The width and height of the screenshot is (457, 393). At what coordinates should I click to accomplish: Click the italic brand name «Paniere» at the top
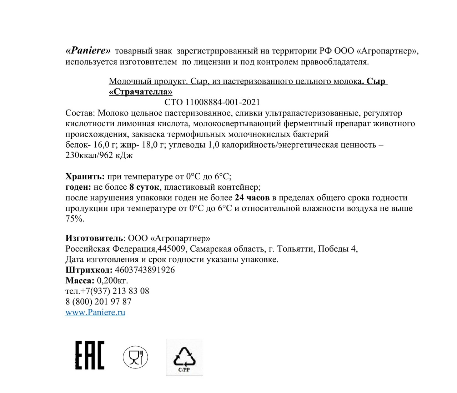click(88, 51)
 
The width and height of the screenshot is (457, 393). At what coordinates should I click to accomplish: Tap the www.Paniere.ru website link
click(95, 312)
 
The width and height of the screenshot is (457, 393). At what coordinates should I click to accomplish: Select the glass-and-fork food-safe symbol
click(135, 357)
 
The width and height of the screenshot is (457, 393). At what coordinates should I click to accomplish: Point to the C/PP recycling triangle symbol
click(184, 357)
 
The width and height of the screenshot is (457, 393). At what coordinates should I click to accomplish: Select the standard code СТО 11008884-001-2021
click(212, 102)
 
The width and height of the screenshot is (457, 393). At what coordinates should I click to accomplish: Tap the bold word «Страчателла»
click(141, 92)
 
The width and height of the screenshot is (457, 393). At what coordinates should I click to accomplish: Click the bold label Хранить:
click(85, 176)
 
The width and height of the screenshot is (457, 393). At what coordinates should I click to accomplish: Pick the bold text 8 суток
click(144, 187)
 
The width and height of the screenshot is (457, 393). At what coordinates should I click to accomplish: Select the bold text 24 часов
click(252, 198)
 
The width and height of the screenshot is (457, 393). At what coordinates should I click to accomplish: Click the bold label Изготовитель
click(94, 238)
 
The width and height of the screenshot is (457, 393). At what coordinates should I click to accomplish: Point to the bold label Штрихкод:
click(89, 270)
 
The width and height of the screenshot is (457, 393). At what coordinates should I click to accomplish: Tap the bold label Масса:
click(80, 280)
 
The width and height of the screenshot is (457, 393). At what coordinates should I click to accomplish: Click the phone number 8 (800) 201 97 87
click(99, 302)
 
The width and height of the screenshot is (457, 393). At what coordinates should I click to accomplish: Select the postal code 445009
click(174, 249)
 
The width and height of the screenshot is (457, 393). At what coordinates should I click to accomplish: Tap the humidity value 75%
click(75, 219)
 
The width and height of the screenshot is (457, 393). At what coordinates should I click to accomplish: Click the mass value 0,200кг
click(112, 280)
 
